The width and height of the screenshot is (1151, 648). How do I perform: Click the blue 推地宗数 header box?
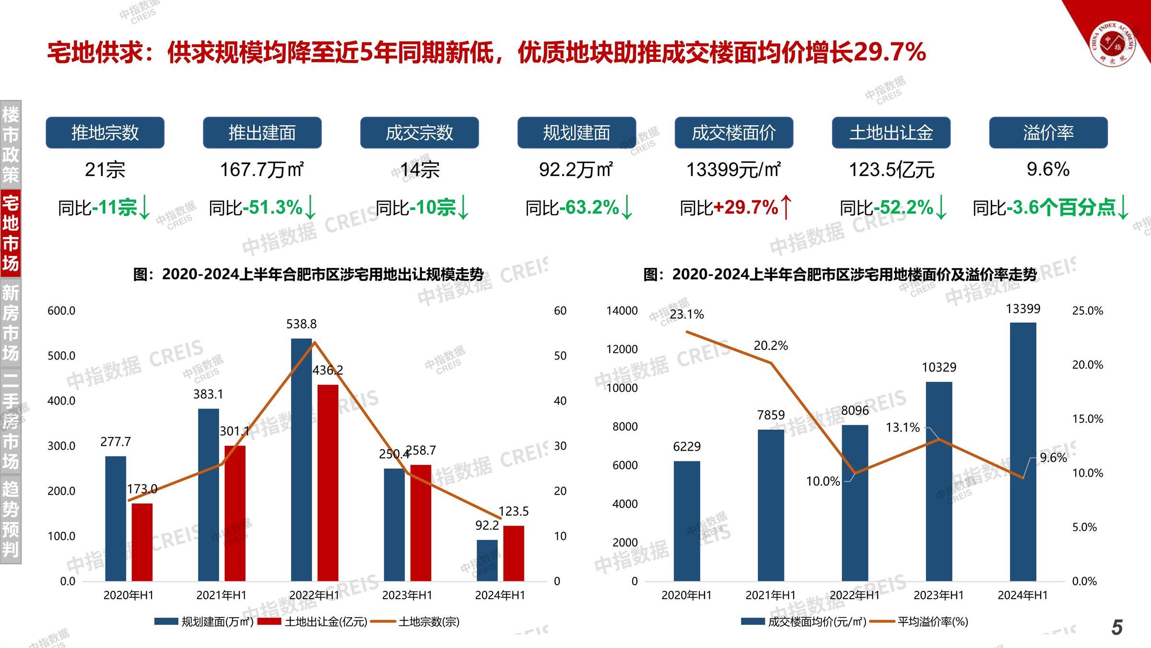tap(105, 132)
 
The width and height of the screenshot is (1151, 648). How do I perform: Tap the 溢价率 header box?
tap(1048, 132)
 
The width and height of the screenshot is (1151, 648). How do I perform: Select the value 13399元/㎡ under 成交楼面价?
tap(733, 169)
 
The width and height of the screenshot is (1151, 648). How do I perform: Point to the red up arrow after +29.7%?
tap(786, 208)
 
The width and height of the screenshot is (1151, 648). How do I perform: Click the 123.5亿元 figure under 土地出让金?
tap(891, 169)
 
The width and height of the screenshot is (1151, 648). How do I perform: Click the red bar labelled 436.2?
tap(328, 482)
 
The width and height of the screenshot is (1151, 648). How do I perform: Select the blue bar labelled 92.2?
tap(487, 560)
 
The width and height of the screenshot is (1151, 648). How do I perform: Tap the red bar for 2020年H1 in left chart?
tap(142, 542)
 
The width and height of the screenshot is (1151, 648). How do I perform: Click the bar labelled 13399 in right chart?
tap(1023, 451)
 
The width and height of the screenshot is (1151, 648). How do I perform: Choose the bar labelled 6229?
tap(687, 521)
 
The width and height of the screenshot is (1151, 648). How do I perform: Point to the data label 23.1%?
tap(687, 314)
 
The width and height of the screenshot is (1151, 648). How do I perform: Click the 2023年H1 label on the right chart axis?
tap(939, 595)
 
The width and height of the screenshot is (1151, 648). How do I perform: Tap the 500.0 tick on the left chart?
tap(61, 356)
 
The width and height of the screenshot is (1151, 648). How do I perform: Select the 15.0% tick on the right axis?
tap(1088, 419)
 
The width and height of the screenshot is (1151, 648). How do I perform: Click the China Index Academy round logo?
tap(1113, 44)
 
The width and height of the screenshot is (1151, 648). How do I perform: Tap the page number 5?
tap(1117, 627)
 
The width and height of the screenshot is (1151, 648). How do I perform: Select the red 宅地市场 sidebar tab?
tap(11, 234)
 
